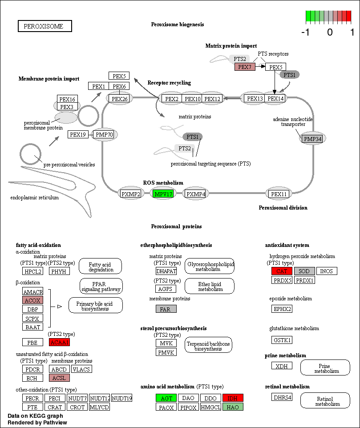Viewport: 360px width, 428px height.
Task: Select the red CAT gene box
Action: [x=281, y=271]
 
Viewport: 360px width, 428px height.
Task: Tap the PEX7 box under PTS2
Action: [x=245, y=67]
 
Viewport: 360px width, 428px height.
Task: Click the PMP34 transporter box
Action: [x=312, y=139]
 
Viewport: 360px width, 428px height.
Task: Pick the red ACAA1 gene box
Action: [x=59, y=342]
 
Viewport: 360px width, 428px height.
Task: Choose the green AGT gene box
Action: [x=166, y=398]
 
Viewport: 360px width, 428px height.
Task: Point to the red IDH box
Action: [x=233, y=398]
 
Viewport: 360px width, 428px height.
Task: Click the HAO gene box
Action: [x=233, y=407]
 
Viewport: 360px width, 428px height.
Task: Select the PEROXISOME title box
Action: [x=44, y=26]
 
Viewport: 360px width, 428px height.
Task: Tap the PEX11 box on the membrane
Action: [x=279, y=194]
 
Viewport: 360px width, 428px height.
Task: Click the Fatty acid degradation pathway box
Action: [x=101, y=266]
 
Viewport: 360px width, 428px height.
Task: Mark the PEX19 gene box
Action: [x=79, y=134]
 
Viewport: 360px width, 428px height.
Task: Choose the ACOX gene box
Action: [x=32, y=300]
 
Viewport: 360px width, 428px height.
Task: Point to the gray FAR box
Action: [x=166, y=309]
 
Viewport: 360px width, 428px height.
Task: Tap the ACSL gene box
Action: [x=59, y=378]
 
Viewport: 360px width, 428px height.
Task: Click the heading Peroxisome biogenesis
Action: [x=178, y=24]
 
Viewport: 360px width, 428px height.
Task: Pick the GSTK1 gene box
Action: [x=282, y=340]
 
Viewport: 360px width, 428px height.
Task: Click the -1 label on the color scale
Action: [x=305, y=32]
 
